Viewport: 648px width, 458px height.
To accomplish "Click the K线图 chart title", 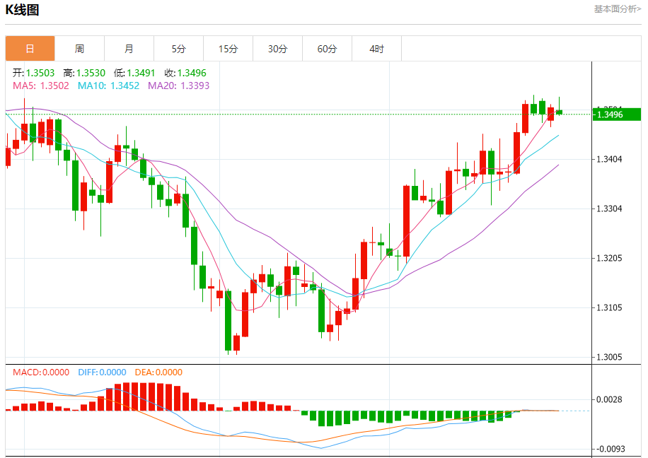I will pos(23,10).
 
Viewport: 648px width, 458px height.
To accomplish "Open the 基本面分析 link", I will pos(617,9).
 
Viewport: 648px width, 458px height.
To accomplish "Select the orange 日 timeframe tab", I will pos(30,49).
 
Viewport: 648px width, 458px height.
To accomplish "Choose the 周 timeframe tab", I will pos(79,49).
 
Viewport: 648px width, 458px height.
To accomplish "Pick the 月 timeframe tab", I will pos(129,49).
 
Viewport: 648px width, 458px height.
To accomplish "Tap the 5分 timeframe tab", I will pos(178,49).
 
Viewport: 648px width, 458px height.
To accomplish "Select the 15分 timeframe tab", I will pos(228,49).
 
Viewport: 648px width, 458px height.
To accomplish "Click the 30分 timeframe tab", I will pos(277,49).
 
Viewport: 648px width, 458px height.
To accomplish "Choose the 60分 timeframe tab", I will pos(327,49).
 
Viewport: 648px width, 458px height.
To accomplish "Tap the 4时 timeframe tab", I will pos(376,49).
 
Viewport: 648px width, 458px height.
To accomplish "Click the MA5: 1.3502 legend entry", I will pos(41,86).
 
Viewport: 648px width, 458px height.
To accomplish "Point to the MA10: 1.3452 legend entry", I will pos(108,86).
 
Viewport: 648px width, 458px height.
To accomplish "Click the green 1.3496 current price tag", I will pos(616,114).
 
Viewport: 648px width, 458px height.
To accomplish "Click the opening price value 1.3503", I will pos(40,73).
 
